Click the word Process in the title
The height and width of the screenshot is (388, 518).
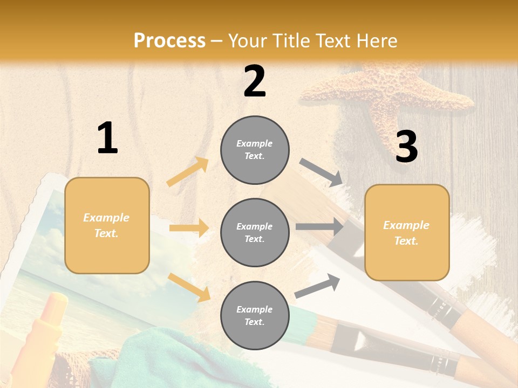point(169,40)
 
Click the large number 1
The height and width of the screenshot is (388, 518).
point(107,138)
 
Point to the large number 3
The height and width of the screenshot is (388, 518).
point(406,147)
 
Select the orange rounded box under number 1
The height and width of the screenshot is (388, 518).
point(107,225)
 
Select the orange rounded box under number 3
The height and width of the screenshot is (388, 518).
point(407,232)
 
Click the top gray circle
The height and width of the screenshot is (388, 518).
point(255,150)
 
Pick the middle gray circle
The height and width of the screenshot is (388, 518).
point(255,232)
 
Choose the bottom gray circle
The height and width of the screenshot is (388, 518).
point(255,315)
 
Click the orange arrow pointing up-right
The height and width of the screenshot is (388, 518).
point(188,171)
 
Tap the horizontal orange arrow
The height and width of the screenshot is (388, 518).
point(189,228)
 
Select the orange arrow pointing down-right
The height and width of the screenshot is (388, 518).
point(189,287)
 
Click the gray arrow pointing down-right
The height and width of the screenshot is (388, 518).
point(321,172)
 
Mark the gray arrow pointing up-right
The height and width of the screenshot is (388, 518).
point(317,286)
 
